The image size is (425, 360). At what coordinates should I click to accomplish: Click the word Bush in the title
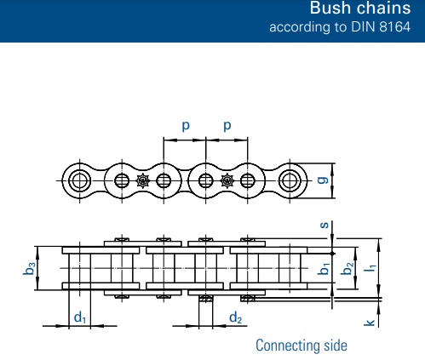point(330,8)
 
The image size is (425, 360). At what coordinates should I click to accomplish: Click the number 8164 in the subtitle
point(395,27)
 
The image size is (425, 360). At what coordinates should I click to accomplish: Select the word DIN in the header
point(364,27)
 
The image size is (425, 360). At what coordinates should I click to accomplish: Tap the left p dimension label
point(186,125)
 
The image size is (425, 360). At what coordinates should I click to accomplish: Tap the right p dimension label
point(227,125)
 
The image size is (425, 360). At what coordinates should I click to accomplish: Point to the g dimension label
point(323,180)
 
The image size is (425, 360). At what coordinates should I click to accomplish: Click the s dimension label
point(324,225)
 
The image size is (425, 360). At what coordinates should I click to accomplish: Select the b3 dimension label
point(29,268)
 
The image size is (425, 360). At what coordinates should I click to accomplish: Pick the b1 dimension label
point(324,268)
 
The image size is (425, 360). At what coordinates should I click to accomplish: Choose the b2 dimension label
point(347,268)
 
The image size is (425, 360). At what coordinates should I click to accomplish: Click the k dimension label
point(370,323)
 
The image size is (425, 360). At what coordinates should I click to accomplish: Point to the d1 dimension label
point(80,317)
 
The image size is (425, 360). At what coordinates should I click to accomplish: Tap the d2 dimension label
point(236,317)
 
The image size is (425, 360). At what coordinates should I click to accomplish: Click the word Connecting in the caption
point(287,346)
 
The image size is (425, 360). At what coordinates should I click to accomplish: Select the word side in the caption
point(336,345)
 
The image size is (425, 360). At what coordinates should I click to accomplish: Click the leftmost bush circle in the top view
point(80,180)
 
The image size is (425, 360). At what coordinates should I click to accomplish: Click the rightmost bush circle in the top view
point(290,180)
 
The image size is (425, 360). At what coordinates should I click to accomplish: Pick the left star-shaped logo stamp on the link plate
point(143,180)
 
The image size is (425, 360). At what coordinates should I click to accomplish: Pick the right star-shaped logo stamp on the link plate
point(227,180)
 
